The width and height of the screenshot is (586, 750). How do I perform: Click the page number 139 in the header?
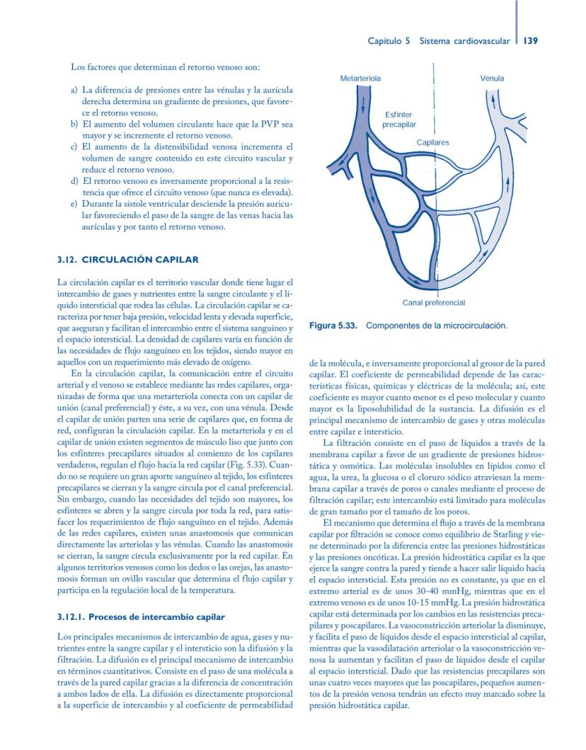pos(531,41)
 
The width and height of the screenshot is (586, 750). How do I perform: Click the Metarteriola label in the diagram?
pos(360,79)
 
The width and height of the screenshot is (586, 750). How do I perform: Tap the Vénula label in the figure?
pos(492,79)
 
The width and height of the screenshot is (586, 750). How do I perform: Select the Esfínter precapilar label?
pos(399,119)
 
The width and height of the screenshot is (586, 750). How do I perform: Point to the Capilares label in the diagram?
pos(432,142)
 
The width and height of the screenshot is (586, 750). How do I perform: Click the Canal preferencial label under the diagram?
pos(434,303)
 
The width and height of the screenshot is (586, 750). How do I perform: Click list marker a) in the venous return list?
pos(74,91)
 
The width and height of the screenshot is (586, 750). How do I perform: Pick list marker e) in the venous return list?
pos(74,204)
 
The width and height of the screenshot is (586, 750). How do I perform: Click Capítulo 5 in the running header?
pos(389,41)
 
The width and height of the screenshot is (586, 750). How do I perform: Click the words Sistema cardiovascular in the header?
pos(464,41)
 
